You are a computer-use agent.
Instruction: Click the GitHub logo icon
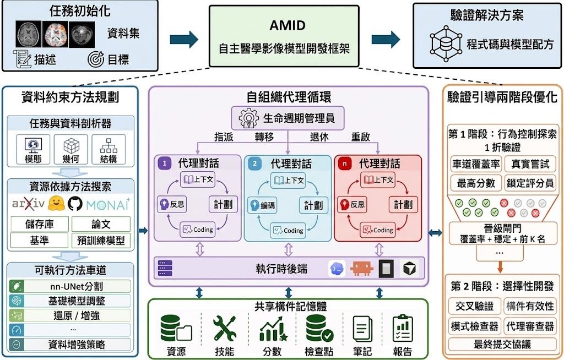click(75, 204)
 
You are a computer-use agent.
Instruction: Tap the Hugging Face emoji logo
click(57, 204)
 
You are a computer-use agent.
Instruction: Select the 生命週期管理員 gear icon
click(248, 118)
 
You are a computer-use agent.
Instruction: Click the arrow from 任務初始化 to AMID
click(184, 39)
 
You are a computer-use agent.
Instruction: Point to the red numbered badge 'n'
click(345, 163)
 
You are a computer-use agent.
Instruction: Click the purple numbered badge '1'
click(164, 163)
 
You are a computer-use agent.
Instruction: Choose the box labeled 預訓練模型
click(101, 240)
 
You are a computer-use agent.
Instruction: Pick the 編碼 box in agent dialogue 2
click(262, 205)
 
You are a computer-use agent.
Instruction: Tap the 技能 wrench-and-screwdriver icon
click(225, 328)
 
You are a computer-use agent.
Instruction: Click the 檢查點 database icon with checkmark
click(319, 328)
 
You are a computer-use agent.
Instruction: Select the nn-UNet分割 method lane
click(70, 286)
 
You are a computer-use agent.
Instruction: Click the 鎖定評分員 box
click(530, 183)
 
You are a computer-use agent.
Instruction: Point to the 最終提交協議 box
click(502, 344)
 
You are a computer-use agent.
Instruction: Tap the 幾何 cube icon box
click(70, 149)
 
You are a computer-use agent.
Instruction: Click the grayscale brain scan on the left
click(29, 34)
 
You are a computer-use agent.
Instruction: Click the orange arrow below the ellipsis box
click(500, 266)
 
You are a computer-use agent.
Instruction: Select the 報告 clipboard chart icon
click(403, 329)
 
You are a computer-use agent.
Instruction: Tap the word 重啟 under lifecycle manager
click(361, 137)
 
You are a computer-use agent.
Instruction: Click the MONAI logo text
click(108, 204)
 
